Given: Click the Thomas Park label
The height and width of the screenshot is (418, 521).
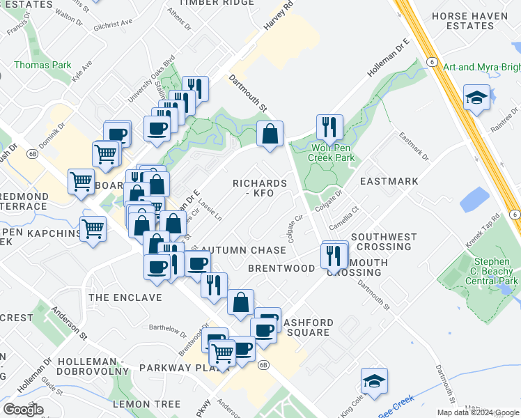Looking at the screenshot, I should (x=42, y=65).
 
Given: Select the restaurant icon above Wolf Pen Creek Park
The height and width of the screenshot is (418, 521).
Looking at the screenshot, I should (x=329, y=127).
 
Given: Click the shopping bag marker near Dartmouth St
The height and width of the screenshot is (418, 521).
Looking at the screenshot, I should (x=270, y=133).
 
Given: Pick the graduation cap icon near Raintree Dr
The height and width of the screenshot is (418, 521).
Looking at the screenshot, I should (x=476, y=98).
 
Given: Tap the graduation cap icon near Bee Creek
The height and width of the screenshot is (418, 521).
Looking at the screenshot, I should (x=374, y=380).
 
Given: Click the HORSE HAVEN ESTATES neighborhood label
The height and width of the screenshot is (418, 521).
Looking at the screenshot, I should (x=472, y=20).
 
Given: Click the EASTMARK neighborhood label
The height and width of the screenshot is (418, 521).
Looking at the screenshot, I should (x=389, y=181).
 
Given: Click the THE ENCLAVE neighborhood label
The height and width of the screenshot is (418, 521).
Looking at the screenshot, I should (x=125, y=297).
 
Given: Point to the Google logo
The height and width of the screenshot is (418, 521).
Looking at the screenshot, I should (x=22, y=409).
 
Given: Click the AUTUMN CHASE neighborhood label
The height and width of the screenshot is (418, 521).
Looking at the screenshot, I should (x=243, y=250).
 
